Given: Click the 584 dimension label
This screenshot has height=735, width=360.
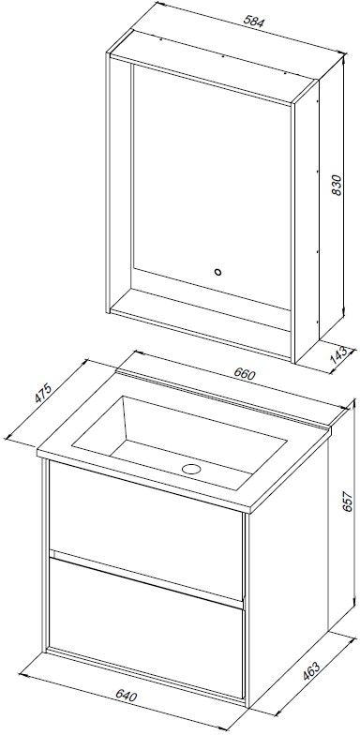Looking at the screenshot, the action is [255, 22].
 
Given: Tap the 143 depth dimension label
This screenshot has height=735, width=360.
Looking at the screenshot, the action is [339, 355].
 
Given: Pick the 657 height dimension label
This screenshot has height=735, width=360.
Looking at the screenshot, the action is [348, 502].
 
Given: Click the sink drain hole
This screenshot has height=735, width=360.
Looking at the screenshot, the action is [191, 469].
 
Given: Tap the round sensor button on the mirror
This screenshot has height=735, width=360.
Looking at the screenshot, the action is [217, 272].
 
